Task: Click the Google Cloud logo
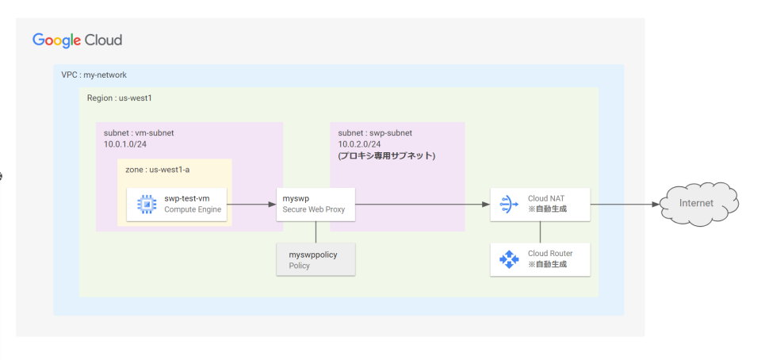[77, 40]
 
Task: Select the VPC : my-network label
[94, 75]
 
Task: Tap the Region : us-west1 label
[119, 98]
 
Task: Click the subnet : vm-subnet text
[139, 133]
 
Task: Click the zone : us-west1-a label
[158, 170]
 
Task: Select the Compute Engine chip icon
[147, 204]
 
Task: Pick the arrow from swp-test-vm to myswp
[251, 204]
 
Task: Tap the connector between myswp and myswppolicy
[316, 232]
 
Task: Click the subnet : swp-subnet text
[375, 133]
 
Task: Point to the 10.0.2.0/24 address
[359, 144]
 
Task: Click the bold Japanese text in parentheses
[387, 156]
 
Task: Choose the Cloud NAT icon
[508, 204]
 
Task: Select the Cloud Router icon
[508, 259]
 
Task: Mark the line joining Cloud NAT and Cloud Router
[541, 232]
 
